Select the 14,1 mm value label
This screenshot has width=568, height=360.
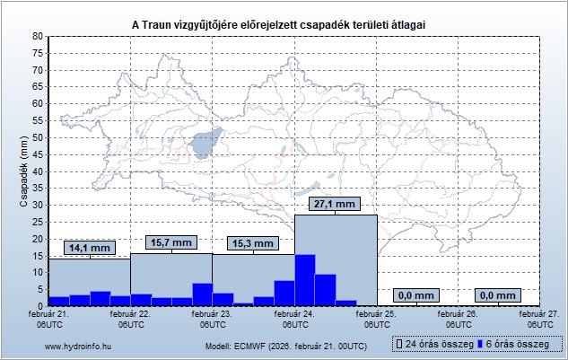point(90,248)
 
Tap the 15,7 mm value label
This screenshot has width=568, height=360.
point(171,242)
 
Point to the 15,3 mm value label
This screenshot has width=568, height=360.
point(253,243)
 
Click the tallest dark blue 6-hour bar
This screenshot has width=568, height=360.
point(304,280)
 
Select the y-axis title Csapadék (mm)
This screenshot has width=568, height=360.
point(24,171)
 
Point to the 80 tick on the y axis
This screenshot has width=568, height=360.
point(38,36)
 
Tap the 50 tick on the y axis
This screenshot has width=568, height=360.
point(38,137)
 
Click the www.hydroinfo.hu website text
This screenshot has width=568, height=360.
point(77,346)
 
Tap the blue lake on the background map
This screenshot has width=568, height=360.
point(206,142)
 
